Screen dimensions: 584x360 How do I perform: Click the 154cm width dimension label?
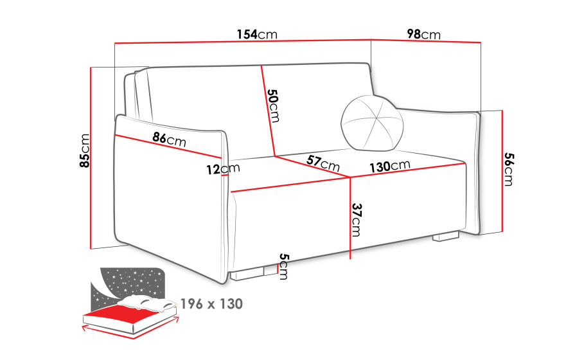pyautogui.click(x=257, y=34)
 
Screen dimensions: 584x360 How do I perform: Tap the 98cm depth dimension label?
pyautogui.click(x=423, y=34)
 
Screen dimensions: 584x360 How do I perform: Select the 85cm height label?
pyautogui.click(x=85, y=150)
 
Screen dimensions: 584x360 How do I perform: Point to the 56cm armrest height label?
pyautogui.click(x=509, y=169)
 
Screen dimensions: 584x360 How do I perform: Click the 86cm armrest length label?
pyautogui.click(x=169, y=139)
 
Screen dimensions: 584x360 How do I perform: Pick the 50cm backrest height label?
pyautogui.click(x=273, y=105)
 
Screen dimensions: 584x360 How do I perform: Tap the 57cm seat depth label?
pyautogui.click(x=323, y=163)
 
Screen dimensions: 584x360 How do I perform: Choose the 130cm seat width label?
pyautogui.click(x=389, y=166)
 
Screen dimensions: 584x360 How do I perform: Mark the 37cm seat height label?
pyautogui.click(x=357, y=220)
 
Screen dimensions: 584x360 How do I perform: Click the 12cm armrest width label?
pyautogui.click(x=223, y=169)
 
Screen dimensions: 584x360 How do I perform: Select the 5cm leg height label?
pyautogui.click(x=284, y=266)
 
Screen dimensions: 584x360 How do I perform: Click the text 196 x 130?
pyautogui.click(x=211, y=303)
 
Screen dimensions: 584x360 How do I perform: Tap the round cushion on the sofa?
pyautogui.click(x=372, y=123)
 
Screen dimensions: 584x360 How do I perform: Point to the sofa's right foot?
pyautogui.click(x=447, y=237)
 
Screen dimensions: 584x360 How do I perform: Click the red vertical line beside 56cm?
pyautogui.click(x=502, y=171)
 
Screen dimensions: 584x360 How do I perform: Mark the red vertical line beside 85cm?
pyautogui.click(x=91, y=158)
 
